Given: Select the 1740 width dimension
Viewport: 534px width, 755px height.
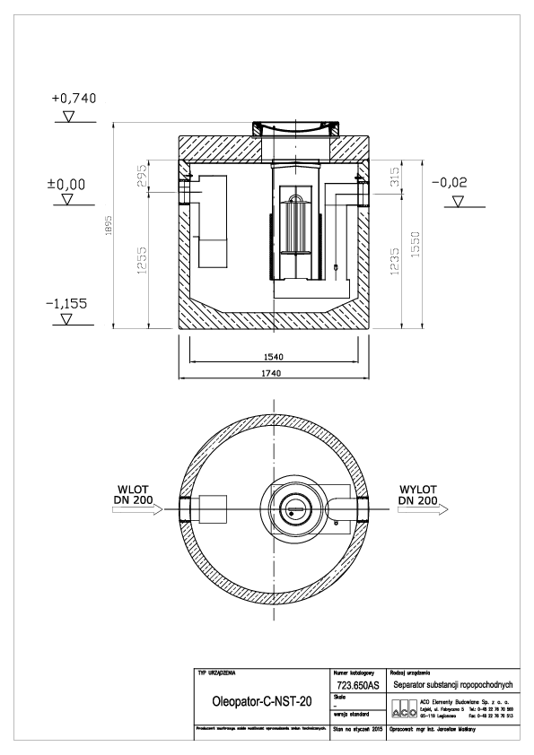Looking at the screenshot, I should pos(276,374).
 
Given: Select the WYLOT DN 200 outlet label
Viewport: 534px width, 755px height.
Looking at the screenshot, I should pos(418,494).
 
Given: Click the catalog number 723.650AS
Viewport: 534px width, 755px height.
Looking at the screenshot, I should pos(355,684).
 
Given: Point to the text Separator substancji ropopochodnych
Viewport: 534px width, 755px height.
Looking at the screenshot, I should pos(453,684).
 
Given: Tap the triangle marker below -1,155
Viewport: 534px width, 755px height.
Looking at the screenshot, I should pos(65,320).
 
